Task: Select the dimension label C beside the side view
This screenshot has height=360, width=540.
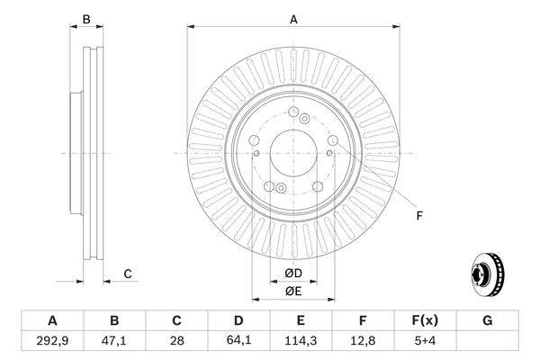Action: [128, 274]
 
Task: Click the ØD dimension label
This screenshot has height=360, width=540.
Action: [293, 273]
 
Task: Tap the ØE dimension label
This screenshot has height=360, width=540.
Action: [293, 290]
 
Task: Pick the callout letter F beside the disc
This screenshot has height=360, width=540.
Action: [418, 215]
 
